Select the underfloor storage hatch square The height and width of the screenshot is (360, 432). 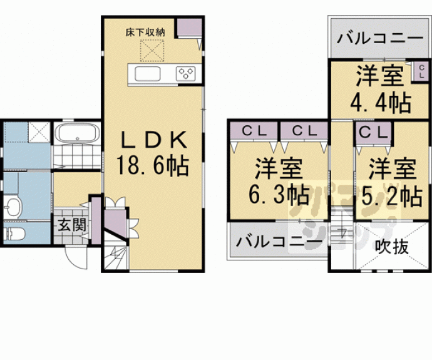click(x=151, y=50)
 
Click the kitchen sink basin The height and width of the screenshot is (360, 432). click(x=148, y=75)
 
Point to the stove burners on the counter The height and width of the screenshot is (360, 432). click(x=187, y=75)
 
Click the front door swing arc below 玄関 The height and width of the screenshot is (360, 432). click(x=75, y=255)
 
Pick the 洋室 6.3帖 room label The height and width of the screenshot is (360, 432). click(x=279, y=182)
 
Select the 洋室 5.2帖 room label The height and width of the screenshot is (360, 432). click(x=391, y=182)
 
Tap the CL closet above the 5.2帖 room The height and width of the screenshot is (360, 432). click(x=373, y=132)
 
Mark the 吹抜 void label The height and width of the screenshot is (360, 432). click(x=393, y=246)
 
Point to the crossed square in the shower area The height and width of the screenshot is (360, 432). click(x=39, y=131)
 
